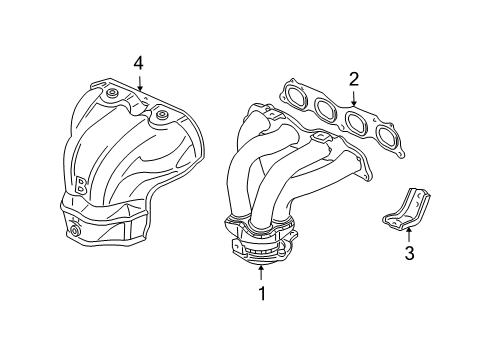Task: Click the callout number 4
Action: (139, 63)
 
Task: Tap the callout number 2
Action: (353, 79)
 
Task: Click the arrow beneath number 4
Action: (139, 83)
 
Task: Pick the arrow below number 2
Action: (353, 98)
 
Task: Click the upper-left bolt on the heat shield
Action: (112, 95)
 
